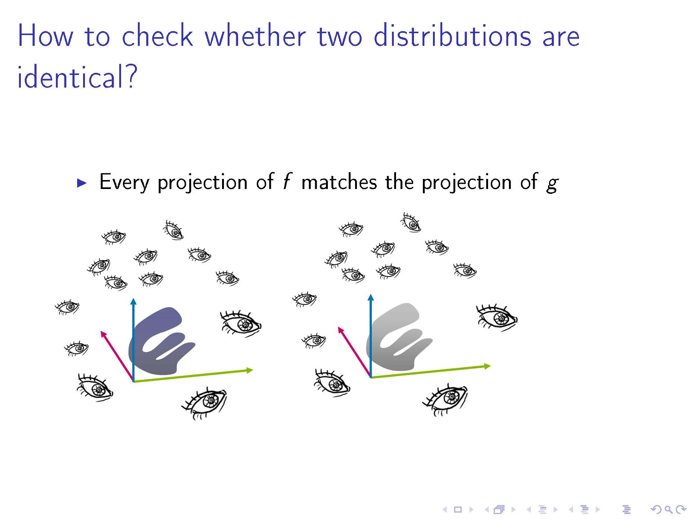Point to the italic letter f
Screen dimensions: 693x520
click(x=286, y=182)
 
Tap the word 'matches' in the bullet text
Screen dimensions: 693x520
click(x=339, y=182)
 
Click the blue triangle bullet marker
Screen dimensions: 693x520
click(x=82, y=183)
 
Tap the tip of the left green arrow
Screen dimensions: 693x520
click(x=253, y=370)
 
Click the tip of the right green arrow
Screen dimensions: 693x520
click(x=490, y=366)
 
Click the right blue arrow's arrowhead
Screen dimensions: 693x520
click(x=371, y=297)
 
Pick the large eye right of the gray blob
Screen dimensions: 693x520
click(x=497, y=318)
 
